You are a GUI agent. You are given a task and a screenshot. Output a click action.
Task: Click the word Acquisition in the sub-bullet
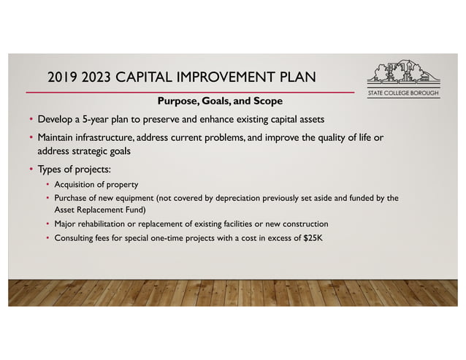tap(75, 185)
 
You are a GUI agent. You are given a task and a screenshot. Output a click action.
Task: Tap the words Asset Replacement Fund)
tap(96, 209)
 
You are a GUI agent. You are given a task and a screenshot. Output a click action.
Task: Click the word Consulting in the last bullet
tap(75, 237)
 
